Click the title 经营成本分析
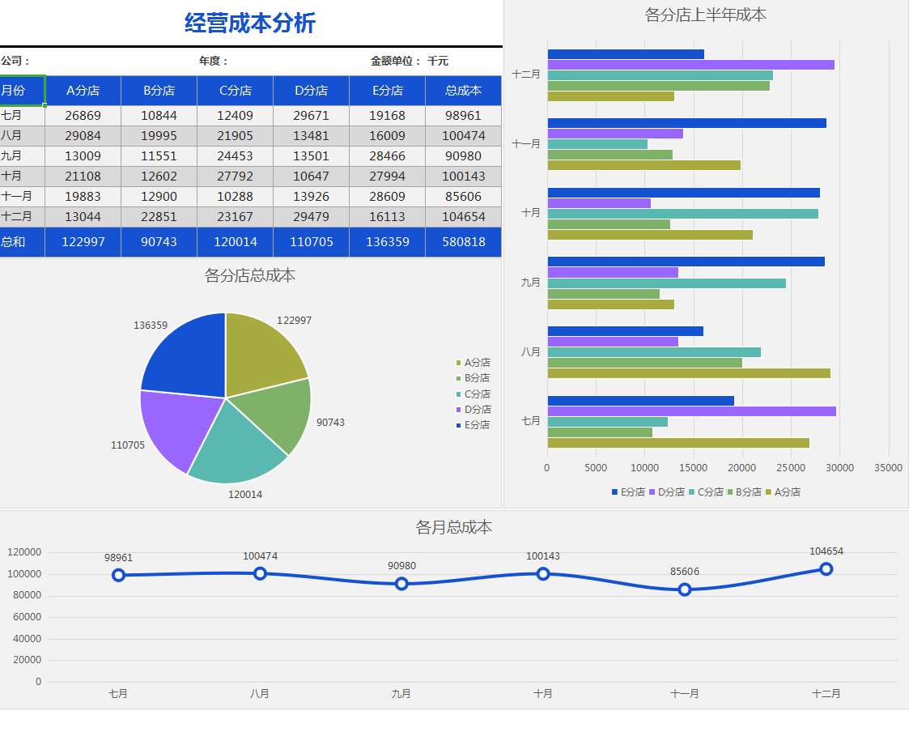250,23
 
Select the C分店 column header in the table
235,91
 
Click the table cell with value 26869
83,116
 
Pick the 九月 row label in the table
12,156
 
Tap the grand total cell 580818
463,242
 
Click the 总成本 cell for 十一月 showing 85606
463,197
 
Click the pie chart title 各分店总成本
250,275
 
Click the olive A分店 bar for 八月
689,373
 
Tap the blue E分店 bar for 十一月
686,123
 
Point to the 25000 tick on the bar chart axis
791,468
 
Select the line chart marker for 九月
401,584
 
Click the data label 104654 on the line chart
826,551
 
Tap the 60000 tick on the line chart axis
28,617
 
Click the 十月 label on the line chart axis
543,694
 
